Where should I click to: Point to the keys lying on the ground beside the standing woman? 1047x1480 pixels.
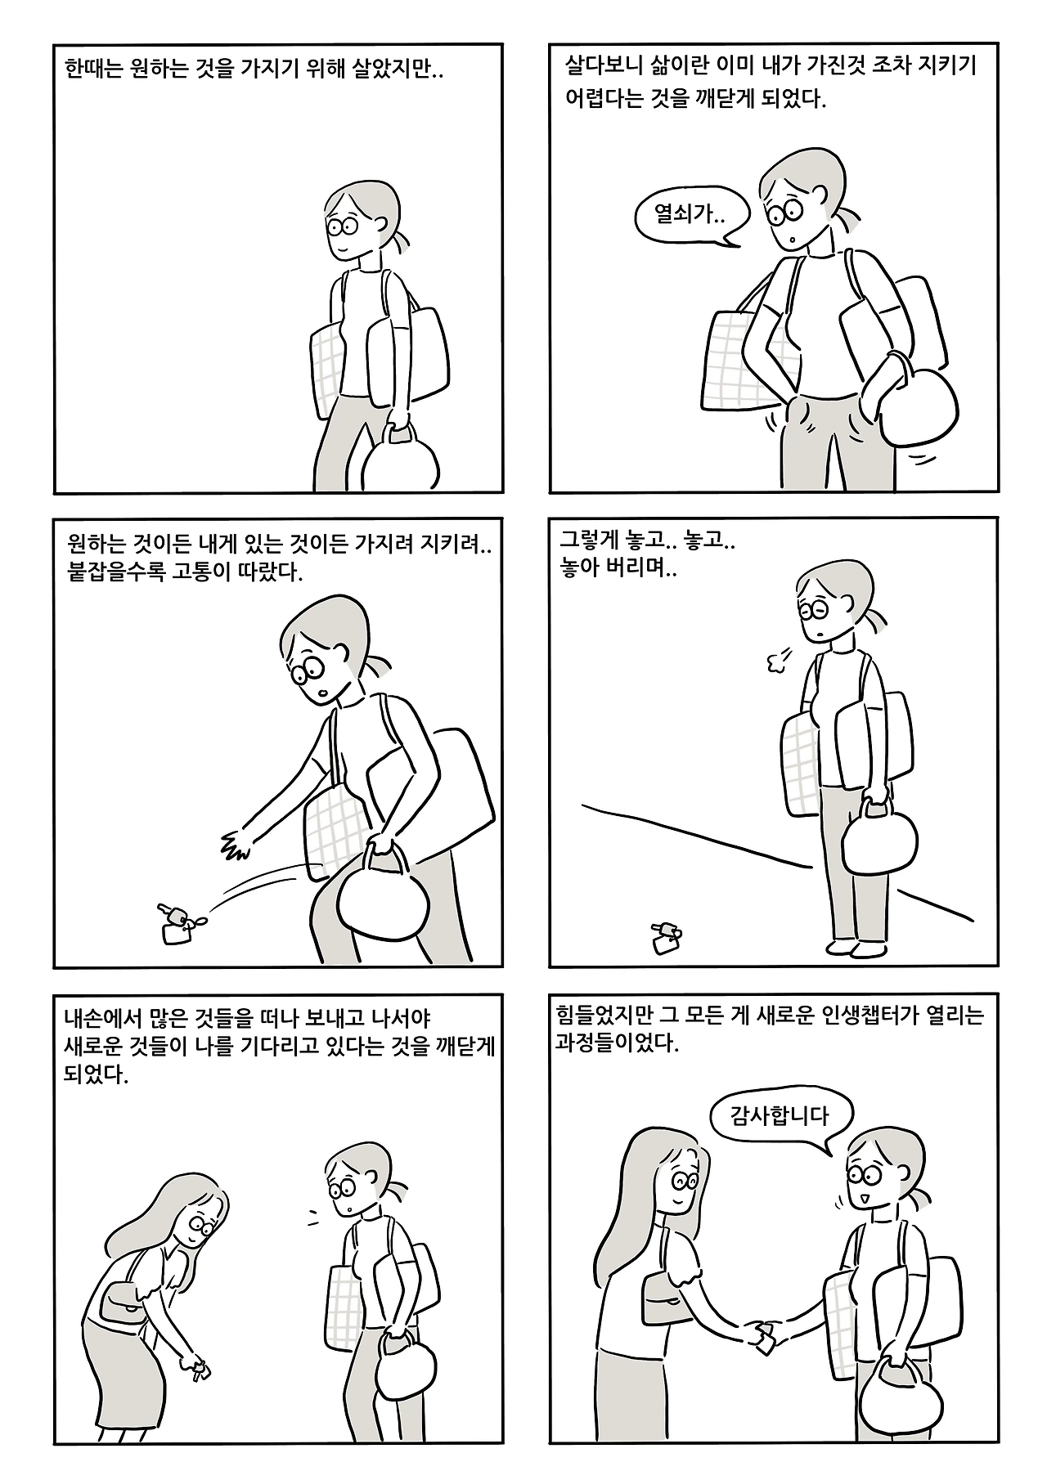665,937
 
